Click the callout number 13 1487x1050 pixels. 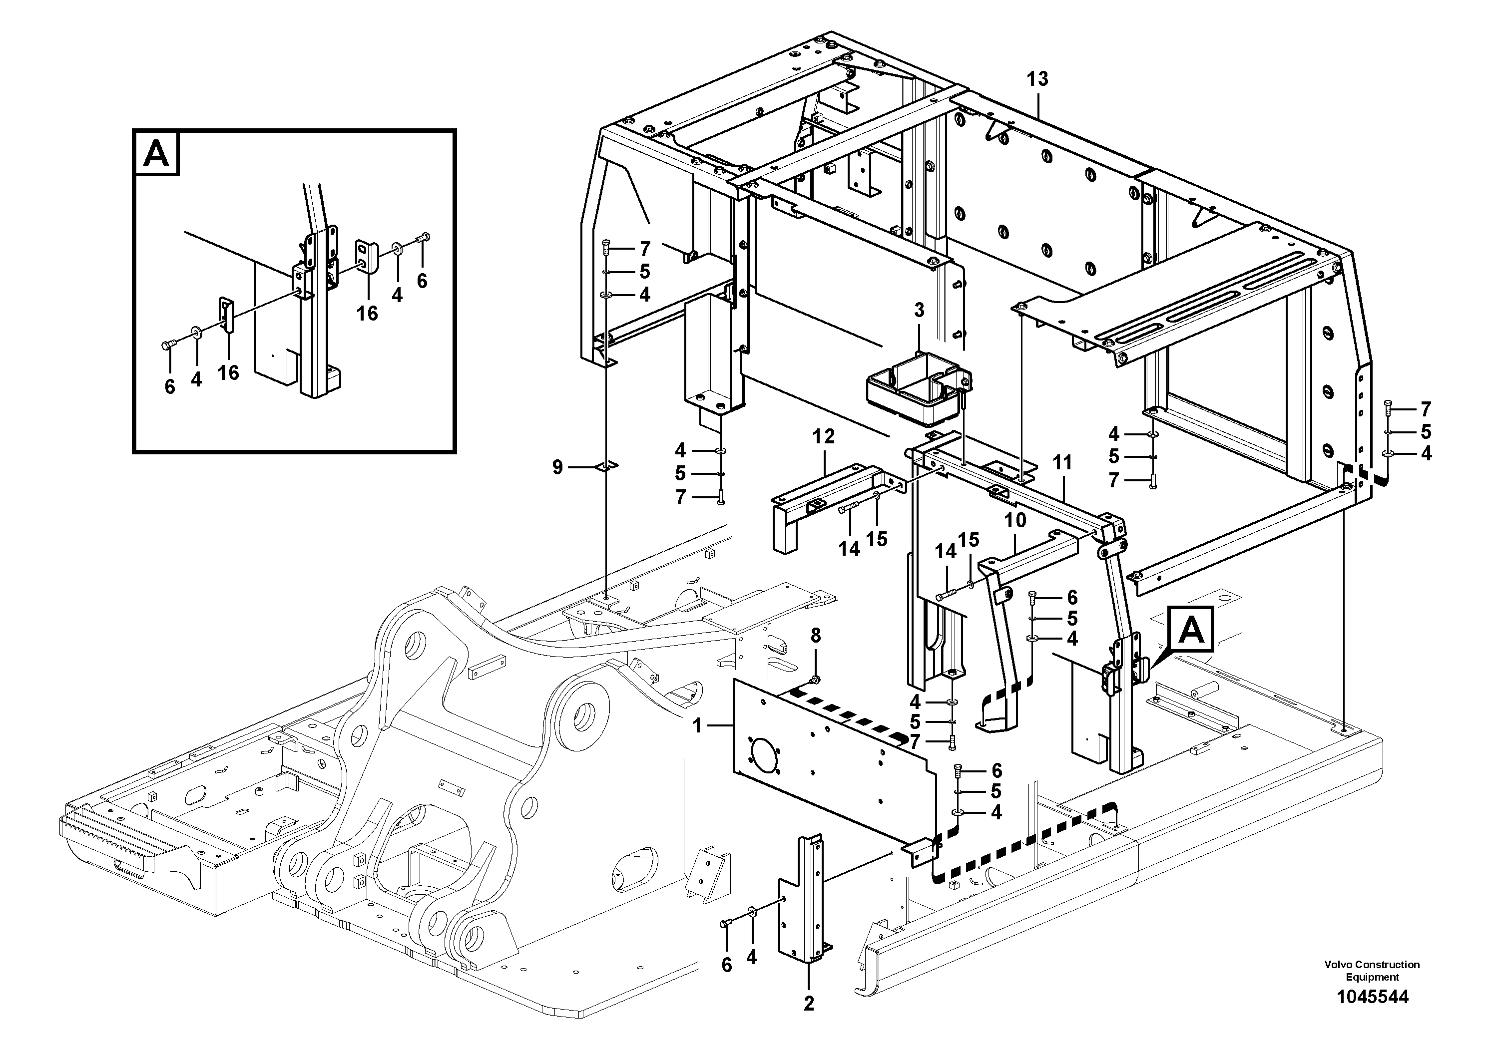tap(1037, 79)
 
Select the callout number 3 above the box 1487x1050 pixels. tap(919, 311)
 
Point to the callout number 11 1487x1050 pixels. tap(1062, 463)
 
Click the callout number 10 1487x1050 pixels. tap(1015, 520)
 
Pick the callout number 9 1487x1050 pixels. tap(557, 467)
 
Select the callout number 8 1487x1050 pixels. tap(815, 637)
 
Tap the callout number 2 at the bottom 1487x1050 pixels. tap(808, 1004)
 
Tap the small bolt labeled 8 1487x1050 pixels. tap(815, 679)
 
